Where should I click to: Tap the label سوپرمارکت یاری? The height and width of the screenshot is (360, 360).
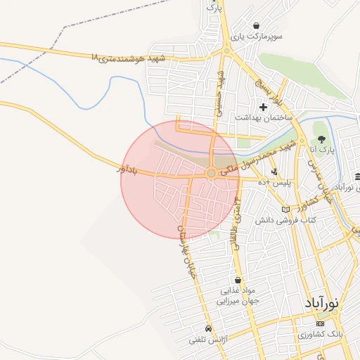point(258,36)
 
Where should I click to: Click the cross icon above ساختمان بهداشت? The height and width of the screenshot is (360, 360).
point(263,107)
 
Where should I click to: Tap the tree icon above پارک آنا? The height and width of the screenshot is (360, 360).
point(321,139)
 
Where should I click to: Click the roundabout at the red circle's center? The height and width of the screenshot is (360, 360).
point(212,173)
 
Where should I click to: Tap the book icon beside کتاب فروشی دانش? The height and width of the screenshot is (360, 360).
point(284,210)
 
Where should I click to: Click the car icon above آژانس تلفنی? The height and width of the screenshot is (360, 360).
point(208,328)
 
